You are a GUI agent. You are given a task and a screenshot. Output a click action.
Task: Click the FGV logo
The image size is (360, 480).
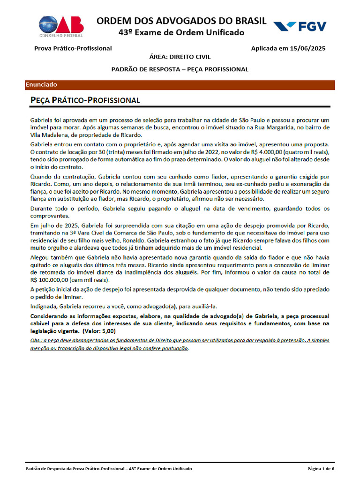(300, 26)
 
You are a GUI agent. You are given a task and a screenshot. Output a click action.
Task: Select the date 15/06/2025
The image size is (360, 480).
(308, 48)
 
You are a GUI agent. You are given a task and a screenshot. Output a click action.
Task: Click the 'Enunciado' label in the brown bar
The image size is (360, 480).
(41, 85)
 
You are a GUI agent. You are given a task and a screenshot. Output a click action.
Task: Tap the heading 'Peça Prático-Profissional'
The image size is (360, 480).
(85, 100)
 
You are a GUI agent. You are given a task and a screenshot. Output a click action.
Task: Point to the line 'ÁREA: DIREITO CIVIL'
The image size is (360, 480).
(180, 57)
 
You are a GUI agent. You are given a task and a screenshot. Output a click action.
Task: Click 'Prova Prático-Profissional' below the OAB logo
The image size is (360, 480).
(73, 48)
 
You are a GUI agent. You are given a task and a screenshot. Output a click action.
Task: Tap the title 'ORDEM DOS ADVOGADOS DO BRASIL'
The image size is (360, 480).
(181, 21)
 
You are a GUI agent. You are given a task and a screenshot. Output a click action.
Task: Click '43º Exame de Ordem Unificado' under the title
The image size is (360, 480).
(181, 33)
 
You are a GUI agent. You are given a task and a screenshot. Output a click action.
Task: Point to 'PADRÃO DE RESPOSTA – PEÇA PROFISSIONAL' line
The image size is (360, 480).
(180, 69)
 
